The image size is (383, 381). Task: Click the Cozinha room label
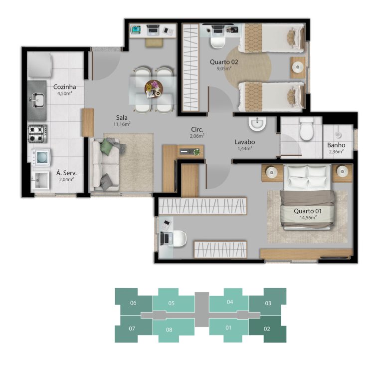click(64, 87)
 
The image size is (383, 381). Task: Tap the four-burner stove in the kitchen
click(37, 134)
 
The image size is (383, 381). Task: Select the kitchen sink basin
click(37, 100)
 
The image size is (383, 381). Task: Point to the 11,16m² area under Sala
click(122, 124)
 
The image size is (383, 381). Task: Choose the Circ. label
click(197, 130)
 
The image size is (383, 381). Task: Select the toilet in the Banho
click(307, 129)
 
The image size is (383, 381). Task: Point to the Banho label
click(336, 145)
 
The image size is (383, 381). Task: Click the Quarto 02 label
click(224, 62)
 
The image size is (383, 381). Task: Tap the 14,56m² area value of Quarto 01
click(308, 217)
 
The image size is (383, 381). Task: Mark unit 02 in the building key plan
click(267, 329)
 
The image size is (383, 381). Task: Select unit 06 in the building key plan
click(133, 303)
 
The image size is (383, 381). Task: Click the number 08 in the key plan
click(169, 330)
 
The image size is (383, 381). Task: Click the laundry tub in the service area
click(40, 180)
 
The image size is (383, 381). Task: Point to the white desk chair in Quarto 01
click(180, 238)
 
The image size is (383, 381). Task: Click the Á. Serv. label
click(66, 173)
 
